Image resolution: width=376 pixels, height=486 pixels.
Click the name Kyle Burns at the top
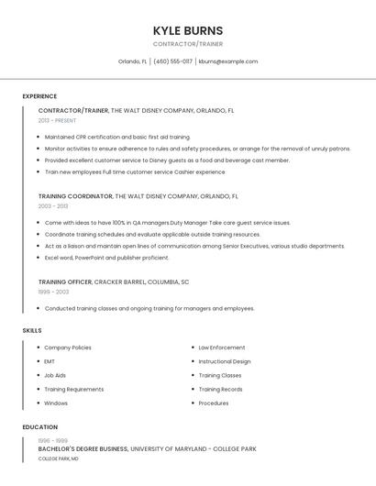(x=187, y=30)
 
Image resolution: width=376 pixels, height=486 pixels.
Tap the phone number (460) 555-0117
(x=173, y=61)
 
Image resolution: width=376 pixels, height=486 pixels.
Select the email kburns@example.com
(x=228, y=61)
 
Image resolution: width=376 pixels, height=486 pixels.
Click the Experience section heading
(x=39, y=96)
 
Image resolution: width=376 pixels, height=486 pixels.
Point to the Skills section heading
(x=32, y=330)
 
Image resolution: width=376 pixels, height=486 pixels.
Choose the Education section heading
(x=40, y=427)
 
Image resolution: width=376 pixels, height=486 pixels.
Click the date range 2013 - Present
(x=57, y=120)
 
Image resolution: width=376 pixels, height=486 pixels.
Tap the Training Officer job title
(x=64, y=282)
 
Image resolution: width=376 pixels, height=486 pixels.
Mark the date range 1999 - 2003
(x=53, y=292)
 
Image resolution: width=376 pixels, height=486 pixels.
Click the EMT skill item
(x=50, y=361)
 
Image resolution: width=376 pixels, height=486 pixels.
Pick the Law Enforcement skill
(x=222, y=348)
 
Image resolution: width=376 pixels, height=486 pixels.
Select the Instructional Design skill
(x=225, y=361)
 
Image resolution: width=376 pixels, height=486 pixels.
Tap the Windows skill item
(x=56, y=403)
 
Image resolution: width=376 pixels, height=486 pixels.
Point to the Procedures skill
(x=214, y=403)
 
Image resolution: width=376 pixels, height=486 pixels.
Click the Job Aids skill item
(x=55, y=375)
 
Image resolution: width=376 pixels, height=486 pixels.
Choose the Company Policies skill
(x=68, y=348)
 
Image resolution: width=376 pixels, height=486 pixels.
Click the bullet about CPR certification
(x=117, y=137)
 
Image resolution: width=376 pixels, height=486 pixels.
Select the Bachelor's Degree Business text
(x=83, y=449)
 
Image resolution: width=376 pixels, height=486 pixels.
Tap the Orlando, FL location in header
(x=133, y=61)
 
